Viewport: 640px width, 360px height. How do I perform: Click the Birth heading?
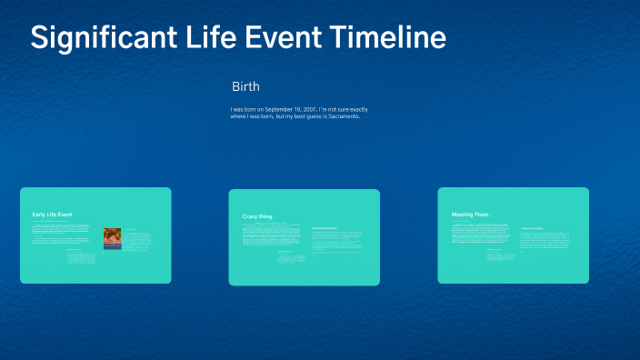[245, 87]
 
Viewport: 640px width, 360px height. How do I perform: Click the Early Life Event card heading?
[53, 215]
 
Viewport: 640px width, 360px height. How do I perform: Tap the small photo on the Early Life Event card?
[112, 238]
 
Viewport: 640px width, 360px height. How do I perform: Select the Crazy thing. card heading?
[258, 216]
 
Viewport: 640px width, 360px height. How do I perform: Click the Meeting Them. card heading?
[471, 215]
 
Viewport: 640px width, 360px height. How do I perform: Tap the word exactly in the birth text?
[355, 110]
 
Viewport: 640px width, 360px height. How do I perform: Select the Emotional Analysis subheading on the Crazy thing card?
[325, 227]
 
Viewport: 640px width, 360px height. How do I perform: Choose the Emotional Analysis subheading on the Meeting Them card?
[533, 228]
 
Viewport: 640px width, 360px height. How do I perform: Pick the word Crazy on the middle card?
[251, 216]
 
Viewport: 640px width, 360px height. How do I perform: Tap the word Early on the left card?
[39, 215]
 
